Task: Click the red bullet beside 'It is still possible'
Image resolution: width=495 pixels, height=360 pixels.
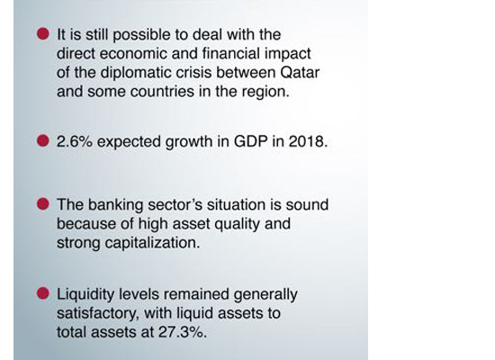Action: [x=43, y=33]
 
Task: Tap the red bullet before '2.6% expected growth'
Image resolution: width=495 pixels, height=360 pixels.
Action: [x=43, y=140]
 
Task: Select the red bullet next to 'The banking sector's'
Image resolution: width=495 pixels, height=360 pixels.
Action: [x=43, y=203]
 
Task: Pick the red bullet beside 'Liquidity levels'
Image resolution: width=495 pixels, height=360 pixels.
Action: [x=43, y=293]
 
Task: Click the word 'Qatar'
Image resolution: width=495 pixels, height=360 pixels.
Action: [x=300, y=73]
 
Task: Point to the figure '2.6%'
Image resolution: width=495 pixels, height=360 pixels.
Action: [x=75, y=141]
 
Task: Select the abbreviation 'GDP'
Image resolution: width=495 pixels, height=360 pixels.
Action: [x=251, y=141]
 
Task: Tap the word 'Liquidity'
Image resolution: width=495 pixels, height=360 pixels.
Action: [x=85, y=295]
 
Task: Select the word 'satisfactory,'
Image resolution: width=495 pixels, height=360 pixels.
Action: [x=98, y=314]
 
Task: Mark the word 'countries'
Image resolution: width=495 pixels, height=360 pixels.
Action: [x=162, y=92]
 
